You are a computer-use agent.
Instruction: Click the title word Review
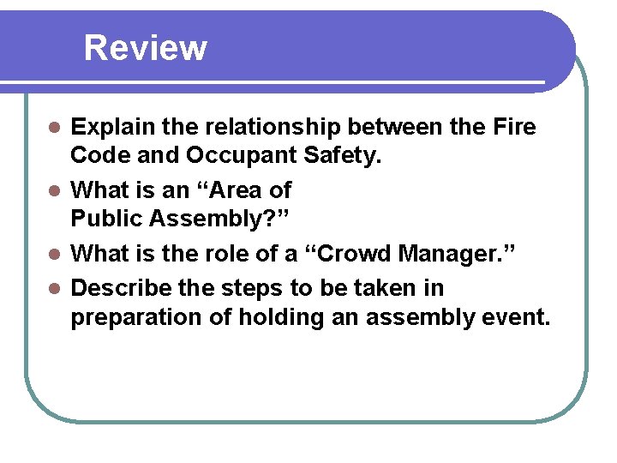(x=146, y=48)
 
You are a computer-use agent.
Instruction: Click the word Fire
(x=515, y=128)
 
